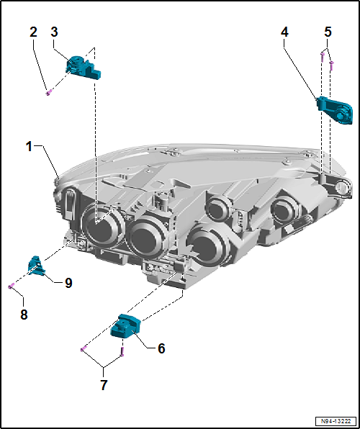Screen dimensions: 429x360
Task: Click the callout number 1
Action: (x=30, y=146)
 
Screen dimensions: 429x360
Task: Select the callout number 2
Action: (x=33, y=32)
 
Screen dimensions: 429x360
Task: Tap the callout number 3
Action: (x=55, y=32)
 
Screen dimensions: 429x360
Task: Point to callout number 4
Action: (x=285, y=32)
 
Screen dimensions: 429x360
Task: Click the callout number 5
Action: (x=328, y=32)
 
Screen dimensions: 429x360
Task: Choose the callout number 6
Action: (x=161, y=348)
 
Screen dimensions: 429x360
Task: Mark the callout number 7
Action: (x=104, y=385)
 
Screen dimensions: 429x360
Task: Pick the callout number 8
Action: (x=23, y=314)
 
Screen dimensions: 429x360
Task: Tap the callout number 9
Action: (x=68, y=283)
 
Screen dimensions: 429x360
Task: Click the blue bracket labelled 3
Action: (x=82, y=66)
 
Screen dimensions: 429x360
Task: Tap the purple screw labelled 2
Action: (x=48, y=91)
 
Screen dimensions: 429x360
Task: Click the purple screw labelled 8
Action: (x=11, y=286)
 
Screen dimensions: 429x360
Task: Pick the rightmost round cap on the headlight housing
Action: (x=286, y=210)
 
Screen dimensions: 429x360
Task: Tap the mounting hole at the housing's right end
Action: (x=337, y=188)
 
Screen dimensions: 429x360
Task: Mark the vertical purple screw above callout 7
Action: (x=122, y=352)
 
